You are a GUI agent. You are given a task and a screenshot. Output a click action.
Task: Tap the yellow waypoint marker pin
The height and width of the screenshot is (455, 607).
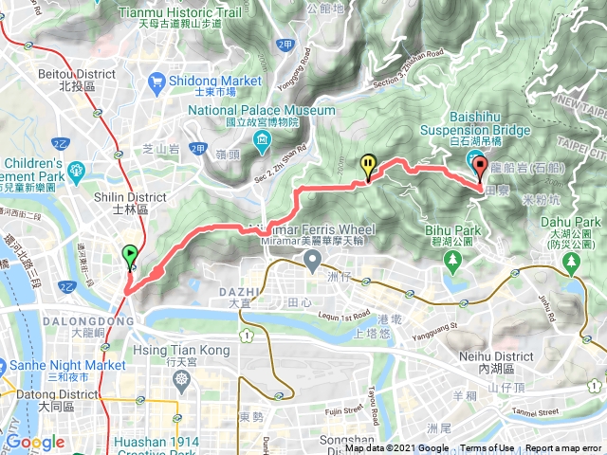point(368,166)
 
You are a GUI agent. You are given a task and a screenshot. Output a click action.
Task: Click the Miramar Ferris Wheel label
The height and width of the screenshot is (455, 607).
point(320,230)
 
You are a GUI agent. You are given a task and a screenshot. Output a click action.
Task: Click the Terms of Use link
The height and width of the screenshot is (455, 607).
point(487,448)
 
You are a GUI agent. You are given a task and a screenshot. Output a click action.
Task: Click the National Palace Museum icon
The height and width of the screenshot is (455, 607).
point(261,143)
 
